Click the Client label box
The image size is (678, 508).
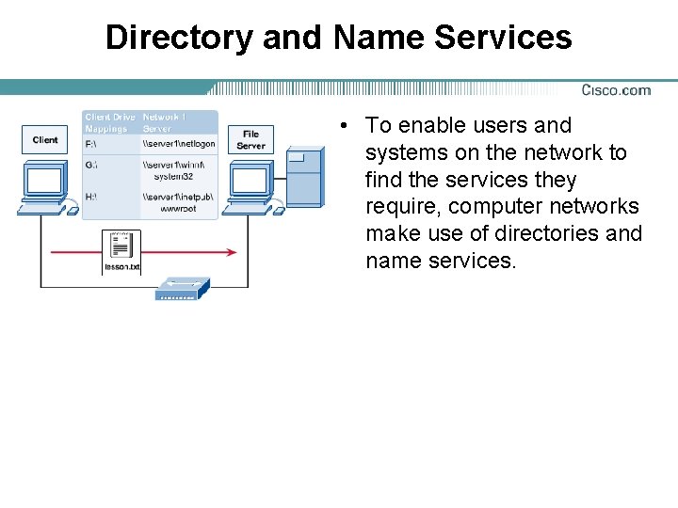point(45,140)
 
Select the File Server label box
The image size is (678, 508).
point(250,140)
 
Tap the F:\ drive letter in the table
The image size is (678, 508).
point(91,144)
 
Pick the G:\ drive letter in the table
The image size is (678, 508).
point(91,165)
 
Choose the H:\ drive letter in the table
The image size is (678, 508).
point(91,196)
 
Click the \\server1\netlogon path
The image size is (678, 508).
point(179,144)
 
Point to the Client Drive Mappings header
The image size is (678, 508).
point(110,122)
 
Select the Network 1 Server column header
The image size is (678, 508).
point(166,122)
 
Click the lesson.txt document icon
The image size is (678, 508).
point(121,246)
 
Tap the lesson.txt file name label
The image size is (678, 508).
point(121,268)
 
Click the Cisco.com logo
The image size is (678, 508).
point(616,90)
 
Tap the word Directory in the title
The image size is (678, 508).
point(179,38)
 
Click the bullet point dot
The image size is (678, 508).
point(347,126)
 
